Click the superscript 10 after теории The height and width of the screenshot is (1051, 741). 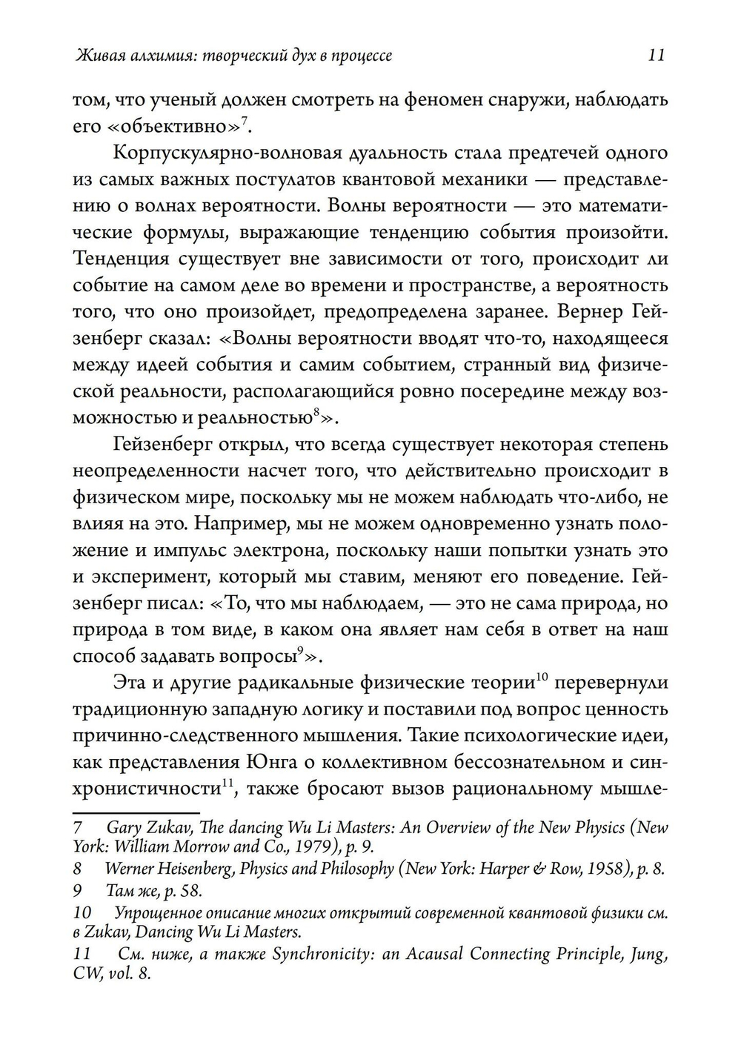coord(541,675)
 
